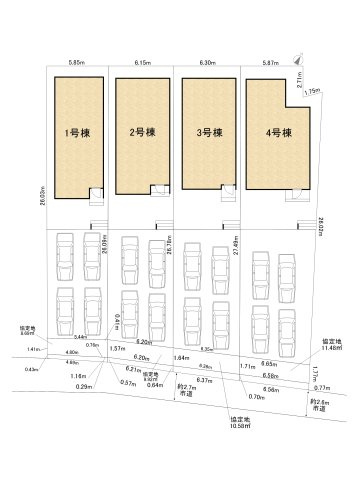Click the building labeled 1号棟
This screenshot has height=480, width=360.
73,132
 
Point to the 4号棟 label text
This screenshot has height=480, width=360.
272,132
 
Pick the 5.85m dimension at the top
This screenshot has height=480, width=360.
75,62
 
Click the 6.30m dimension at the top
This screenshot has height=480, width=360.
206,62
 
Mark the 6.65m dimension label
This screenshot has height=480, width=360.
269,364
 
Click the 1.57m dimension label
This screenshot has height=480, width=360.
117,348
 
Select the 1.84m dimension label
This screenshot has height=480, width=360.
181,357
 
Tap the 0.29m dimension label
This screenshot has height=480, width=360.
84,386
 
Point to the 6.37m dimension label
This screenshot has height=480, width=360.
205,380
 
